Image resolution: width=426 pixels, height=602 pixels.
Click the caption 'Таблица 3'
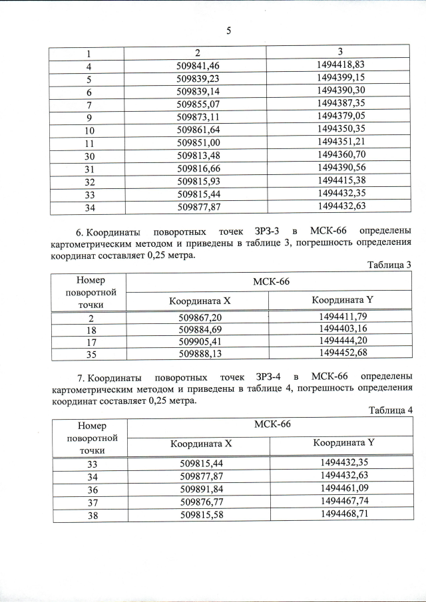[x=390, y=265]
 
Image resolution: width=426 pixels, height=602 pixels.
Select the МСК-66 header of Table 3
[x=271, y=281]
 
